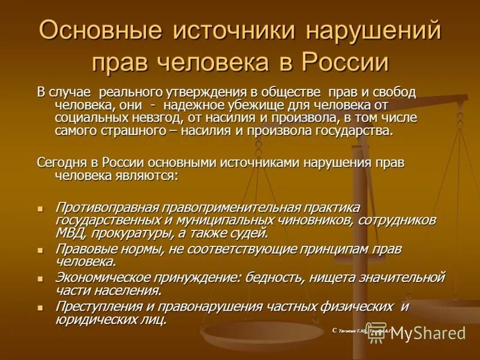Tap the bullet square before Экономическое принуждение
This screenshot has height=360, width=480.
(x=41, y=279)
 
